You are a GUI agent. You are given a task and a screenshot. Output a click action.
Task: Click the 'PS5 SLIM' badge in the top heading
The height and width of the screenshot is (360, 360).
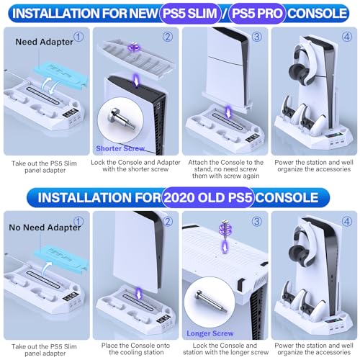coord(190,13)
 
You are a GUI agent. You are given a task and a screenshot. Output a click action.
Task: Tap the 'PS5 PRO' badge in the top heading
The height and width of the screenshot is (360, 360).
coord(257,13)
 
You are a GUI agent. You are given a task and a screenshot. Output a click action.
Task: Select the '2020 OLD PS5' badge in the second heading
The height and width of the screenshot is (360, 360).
coord(208,197)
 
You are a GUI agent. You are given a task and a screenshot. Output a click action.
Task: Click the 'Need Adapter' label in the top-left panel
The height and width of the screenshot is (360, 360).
coord(44,42)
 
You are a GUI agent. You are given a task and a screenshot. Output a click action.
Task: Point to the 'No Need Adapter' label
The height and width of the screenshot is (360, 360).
coord(45,228)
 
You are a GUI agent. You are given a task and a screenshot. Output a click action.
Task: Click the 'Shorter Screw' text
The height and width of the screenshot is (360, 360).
coord(120,148)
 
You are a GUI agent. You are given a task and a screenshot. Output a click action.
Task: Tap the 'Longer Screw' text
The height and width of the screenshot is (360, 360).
coord(210,333)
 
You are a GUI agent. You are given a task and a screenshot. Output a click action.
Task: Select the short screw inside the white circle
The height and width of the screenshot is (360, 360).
coord(120,118)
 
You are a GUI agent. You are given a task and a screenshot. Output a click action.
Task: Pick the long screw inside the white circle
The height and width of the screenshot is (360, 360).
coord(210,302)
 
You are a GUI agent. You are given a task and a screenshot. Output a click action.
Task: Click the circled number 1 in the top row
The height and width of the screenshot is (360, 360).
coord(78,37)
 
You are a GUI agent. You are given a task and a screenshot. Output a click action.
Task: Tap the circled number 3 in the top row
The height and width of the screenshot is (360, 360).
coord(257,37)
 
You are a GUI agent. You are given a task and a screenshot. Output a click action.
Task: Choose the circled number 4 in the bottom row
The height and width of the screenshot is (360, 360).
coord(347,221)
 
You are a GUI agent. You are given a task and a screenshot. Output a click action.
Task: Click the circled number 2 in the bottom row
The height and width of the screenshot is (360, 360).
coord(168,221)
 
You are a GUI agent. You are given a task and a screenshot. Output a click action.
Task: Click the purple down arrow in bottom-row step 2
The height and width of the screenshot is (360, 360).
coord(139,293)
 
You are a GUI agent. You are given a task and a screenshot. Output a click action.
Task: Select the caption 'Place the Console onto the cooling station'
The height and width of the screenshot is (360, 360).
coord(135,349)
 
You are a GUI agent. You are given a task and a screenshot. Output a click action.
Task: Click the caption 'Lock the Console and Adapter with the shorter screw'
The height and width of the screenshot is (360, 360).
coord(135,166)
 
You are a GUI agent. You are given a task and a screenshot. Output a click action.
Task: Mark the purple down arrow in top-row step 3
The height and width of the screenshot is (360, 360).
coord(228,112)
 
